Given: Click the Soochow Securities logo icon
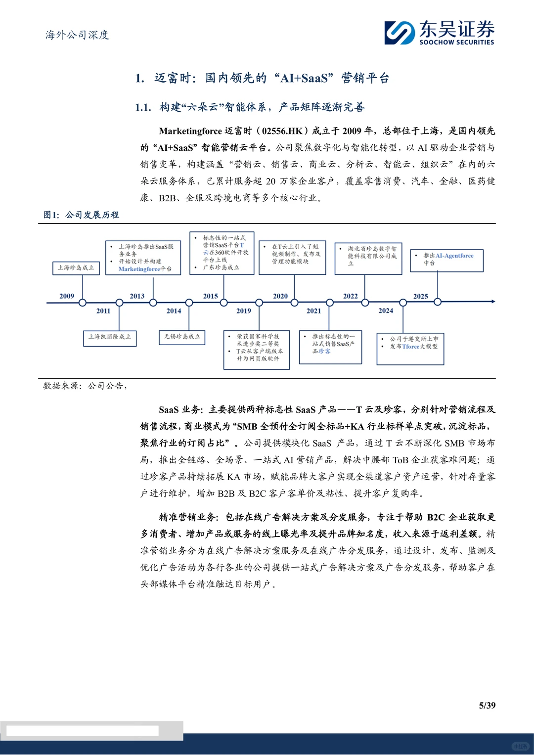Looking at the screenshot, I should (400, 33).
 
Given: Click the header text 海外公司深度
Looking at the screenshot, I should (77, 35).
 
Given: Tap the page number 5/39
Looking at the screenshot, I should (487, 705).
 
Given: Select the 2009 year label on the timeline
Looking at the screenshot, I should (67, 296).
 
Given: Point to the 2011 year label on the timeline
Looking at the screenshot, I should (103, 311).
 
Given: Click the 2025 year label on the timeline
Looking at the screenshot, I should (421, 296).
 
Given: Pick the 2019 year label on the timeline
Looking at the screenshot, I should (244, 311).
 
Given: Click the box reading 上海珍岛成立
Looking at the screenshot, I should (76, 268).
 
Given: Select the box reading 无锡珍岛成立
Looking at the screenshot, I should (182, 337).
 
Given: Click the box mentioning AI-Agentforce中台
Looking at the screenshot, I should (446, 260).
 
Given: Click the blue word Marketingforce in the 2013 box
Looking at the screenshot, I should (139, 269).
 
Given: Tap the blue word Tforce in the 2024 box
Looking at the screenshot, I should (410, 347).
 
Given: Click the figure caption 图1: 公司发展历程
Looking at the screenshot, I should (81, 215).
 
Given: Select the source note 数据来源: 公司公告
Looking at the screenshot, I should (85, 386).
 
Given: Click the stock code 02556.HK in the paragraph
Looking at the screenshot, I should (282, 131).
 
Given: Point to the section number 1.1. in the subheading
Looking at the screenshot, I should (143, 107).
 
